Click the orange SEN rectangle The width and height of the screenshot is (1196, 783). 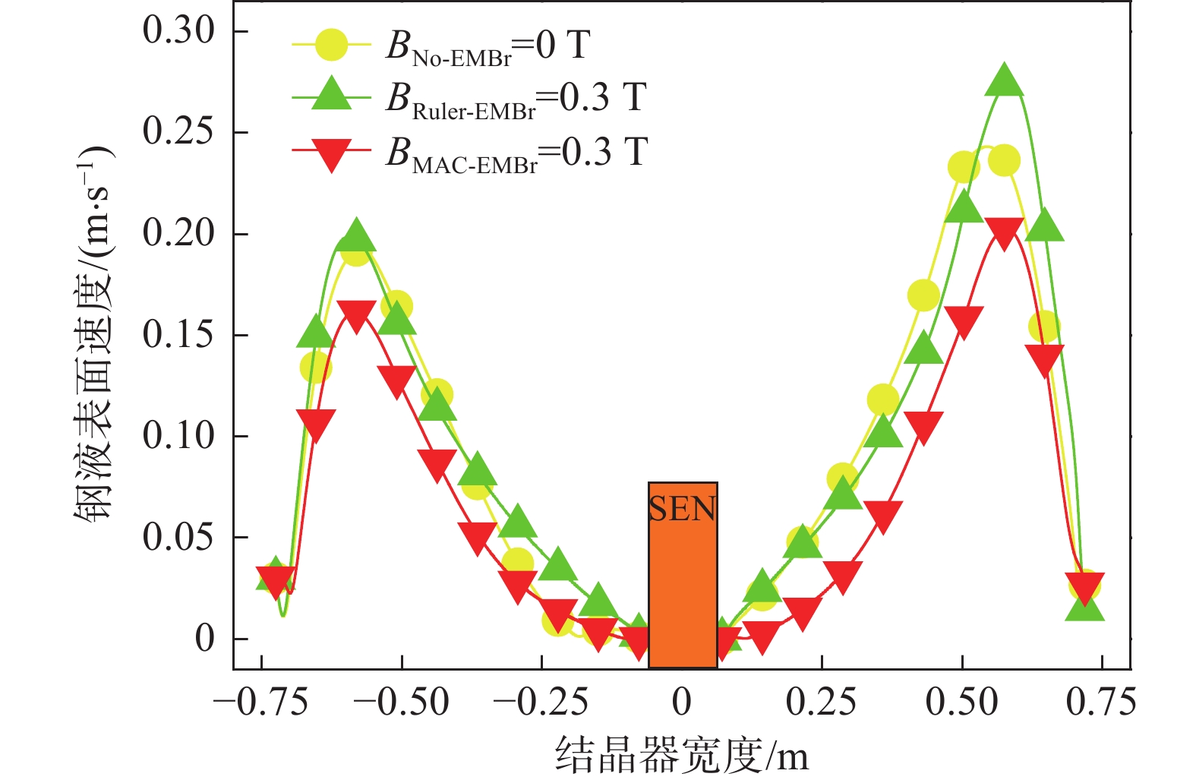[682, 575]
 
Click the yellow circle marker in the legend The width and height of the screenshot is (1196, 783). [331, 46]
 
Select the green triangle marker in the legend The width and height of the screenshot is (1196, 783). [331, 95]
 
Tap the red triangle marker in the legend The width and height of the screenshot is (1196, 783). [331, 153]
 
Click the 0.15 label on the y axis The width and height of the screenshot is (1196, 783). [179, 335]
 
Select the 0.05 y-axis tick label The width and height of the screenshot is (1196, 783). [179, 538]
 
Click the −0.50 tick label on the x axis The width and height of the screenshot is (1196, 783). [401, 702]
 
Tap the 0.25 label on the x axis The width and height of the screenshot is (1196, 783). [822, 702]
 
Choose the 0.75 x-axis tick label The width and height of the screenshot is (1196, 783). [1101, 702]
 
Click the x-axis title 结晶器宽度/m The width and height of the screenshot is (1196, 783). [682, 755]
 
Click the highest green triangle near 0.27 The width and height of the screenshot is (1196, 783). [1004, 80]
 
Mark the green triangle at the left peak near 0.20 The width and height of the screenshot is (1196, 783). [356, 237]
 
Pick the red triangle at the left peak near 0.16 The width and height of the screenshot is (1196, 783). [356, 315]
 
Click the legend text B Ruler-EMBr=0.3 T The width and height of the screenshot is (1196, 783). [516, 99]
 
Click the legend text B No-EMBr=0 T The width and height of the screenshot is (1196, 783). [488, 46]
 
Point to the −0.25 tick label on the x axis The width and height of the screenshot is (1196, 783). [541, 702]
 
